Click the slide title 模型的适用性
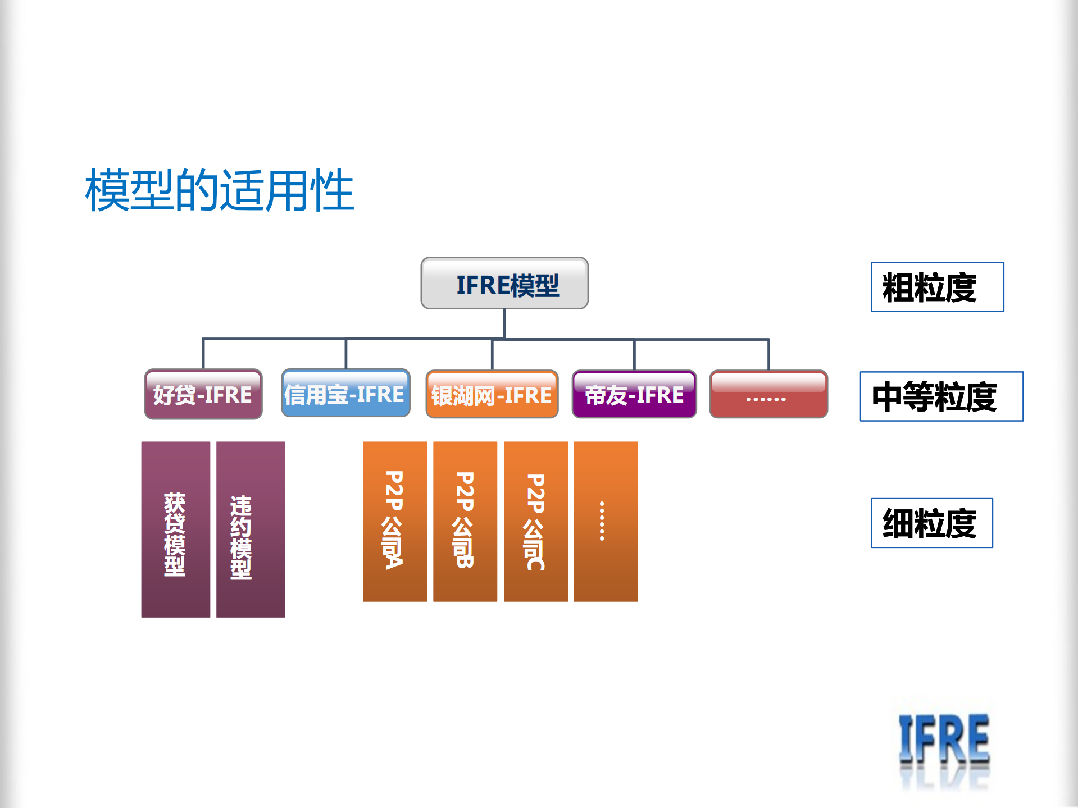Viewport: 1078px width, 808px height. (219, 190)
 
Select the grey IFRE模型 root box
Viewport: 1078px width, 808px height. (504, 284)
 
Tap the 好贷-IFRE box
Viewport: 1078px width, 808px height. (203, 394)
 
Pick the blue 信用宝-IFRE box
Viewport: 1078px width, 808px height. (345, 393)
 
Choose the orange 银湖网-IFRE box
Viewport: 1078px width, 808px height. (492, 394)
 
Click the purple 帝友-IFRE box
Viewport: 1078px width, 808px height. (634, 394)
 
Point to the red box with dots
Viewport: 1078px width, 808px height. (768, 394)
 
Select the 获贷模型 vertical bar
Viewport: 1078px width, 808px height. (176, 529)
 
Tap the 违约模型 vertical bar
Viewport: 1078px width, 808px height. (251, 529)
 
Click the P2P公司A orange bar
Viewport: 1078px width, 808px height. (395, 522)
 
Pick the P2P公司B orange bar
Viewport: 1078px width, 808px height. (465, 522)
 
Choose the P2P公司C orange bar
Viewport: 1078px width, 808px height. (536, 522)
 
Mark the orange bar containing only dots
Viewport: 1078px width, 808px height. (606, 522)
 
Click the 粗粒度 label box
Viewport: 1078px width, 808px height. (938, 287)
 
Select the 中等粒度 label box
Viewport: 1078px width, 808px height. (941, 396)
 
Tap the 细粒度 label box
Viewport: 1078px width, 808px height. (932, 523)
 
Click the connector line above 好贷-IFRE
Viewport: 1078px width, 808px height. (203, 354)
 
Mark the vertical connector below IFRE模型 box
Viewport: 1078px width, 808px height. (504, 324)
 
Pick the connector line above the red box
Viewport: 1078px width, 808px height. (768, 354)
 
